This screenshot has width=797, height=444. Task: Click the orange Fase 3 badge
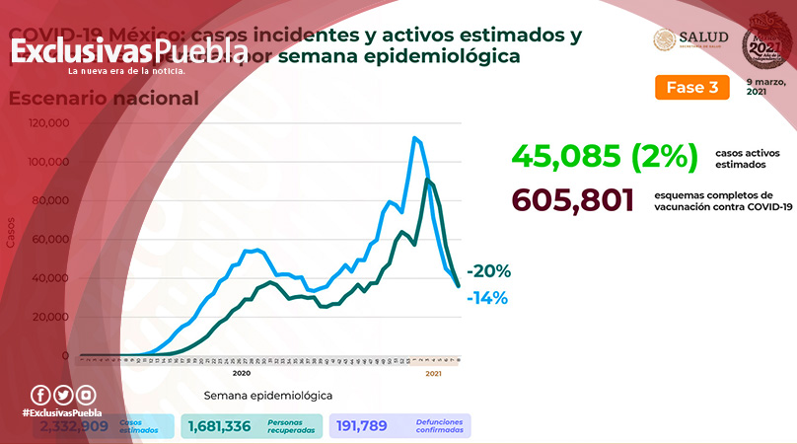[x=691, y=87]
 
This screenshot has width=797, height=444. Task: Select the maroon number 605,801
[x=571, y=200]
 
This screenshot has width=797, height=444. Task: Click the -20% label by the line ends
[x=488, y=271]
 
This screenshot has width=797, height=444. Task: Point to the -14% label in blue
[x=487, y=297]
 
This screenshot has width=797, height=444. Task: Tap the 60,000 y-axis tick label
[x=50, y=240]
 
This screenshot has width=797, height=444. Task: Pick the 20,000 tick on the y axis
[x=50, y=317]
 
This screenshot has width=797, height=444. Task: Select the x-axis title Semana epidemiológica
[x=267, y=395]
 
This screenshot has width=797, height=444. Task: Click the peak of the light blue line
[x=415, y=137]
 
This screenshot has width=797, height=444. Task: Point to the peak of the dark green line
[x=427, y=180]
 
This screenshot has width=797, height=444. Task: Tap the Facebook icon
[x=40, y=395]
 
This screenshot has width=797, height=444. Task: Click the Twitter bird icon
[x=63, y=395]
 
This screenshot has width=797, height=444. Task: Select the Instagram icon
[x=87, y=395]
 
